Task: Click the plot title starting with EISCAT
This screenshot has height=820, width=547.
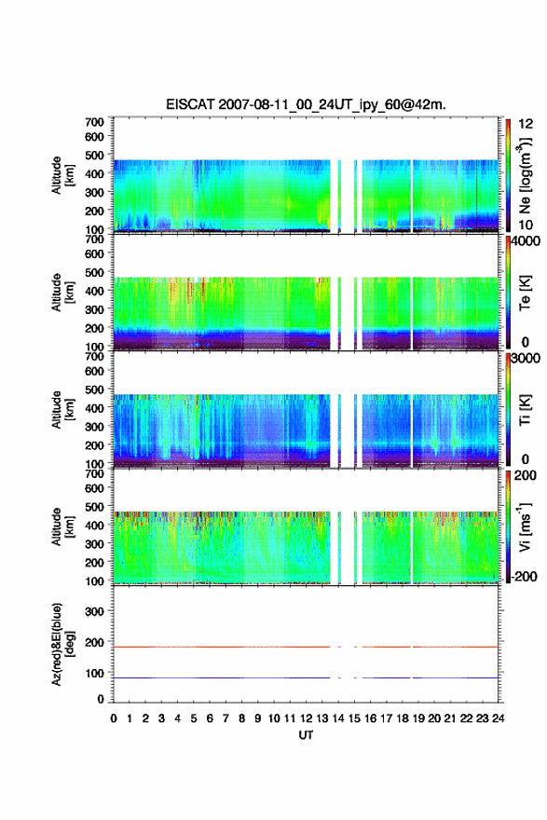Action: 306,104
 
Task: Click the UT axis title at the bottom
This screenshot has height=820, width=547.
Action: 306,735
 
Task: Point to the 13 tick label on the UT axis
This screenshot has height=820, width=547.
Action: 321,718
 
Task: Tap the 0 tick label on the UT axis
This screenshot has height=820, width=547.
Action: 114,718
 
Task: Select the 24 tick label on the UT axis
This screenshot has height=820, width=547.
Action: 498,718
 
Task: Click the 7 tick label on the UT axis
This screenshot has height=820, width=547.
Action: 226,718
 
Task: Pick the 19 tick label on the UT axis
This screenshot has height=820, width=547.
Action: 417,718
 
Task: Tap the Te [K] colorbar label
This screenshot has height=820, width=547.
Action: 525,293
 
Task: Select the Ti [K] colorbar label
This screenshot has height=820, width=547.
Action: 525,410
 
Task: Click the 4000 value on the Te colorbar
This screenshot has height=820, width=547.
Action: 526,241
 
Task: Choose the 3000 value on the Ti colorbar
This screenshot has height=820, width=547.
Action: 526,359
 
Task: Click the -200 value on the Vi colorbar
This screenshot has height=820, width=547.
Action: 524,576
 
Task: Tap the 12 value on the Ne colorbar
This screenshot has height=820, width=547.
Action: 526,124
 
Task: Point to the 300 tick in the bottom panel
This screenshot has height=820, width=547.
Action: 95,611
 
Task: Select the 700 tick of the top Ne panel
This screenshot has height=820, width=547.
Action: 95,122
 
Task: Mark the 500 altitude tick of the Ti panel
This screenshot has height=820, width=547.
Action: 95,389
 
